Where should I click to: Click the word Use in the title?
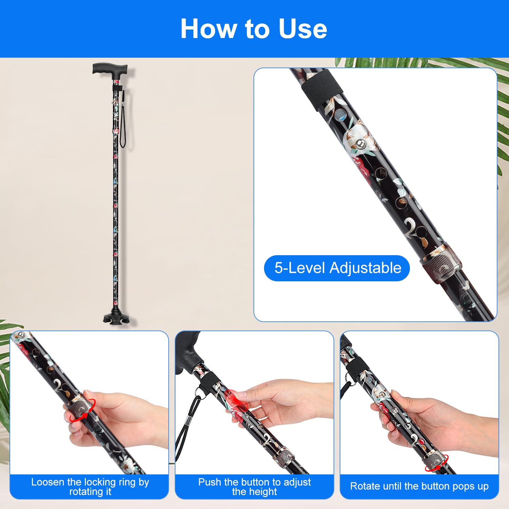[x=303, y=29]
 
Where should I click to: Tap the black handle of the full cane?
[x=110, y=69]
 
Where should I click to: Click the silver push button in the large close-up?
[x=361, y=144]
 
